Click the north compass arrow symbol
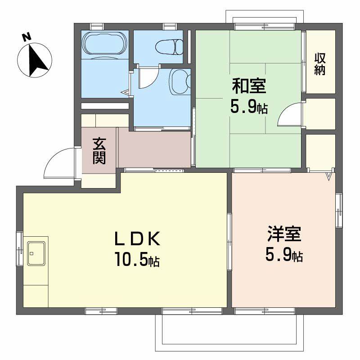point(36,60)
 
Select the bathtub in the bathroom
point(105,45)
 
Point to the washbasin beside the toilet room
point(179,81)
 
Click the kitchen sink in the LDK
point(36,253)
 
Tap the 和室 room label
point(248,85)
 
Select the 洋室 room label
point(284,235)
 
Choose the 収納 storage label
point(320,64)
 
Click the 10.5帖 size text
point(138,260)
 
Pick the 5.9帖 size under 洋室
point(284,256)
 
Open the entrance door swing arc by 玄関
point(58,163)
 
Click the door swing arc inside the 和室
point(290,115)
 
